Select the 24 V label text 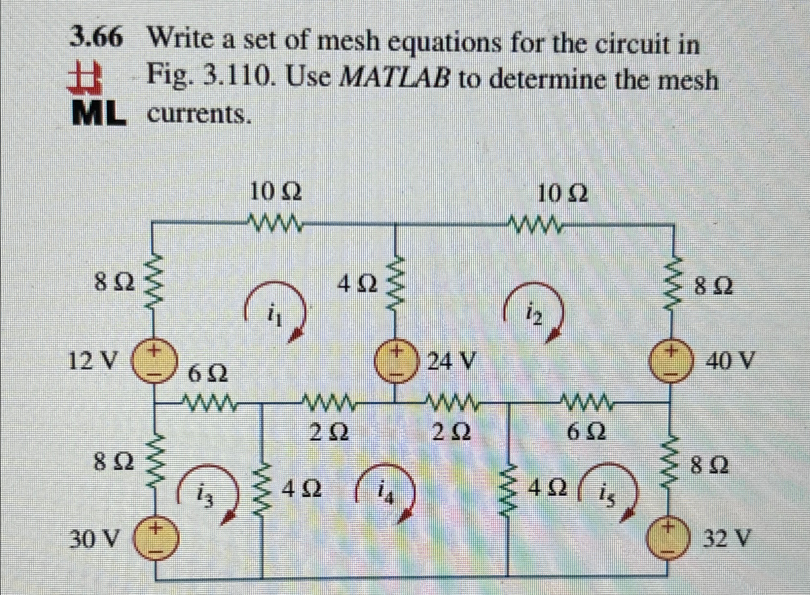point(450,361)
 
